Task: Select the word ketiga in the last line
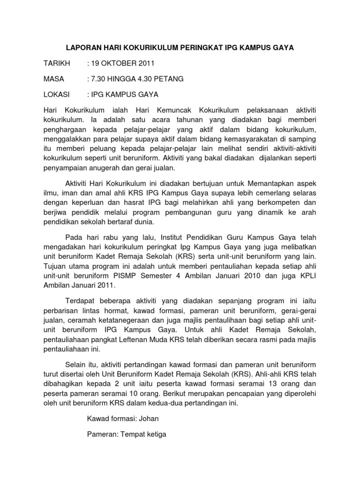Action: [x=155, y=434]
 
